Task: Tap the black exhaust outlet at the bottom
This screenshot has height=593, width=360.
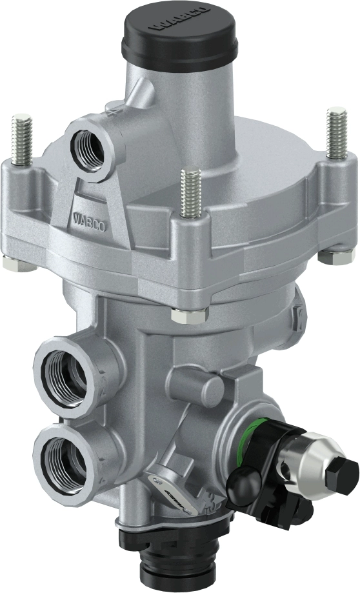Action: click(179, 555)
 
